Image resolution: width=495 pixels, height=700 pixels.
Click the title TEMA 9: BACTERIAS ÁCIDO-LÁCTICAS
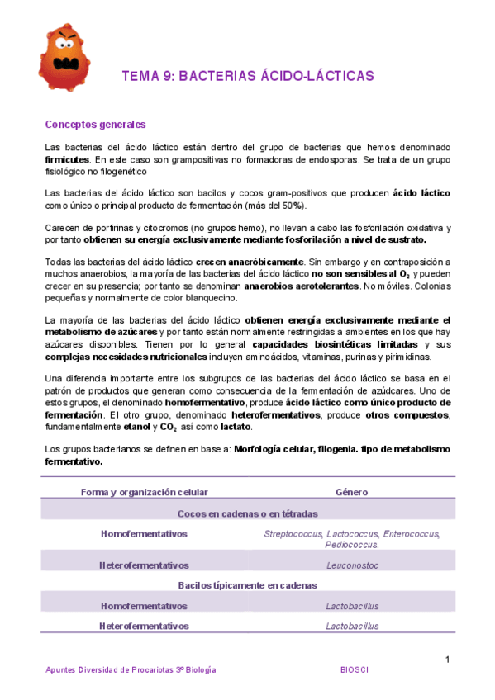(248, 76)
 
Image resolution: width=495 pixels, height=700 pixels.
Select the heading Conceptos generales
(95, 125)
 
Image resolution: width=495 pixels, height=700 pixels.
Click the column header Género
(352, 492)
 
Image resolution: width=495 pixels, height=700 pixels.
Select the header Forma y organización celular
(144, 492)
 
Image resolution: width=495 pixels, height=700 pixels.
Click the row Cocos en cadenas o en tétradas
(247, 513)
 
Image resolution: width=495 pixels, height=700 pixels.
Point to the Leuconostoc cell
(352, 565)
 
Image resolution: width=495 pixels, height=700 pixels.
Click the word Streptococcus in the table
(293, 534)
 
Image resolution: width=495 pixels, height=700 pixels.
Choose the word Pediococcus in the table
(350, 545)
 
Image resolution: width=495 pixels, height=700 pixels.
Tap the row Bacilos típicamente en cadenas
(247, 585)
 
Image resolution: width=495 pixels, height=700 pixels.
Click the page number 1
(447, 659)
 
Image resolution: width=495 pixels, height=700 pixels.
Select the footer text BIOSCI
(355, 670)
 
